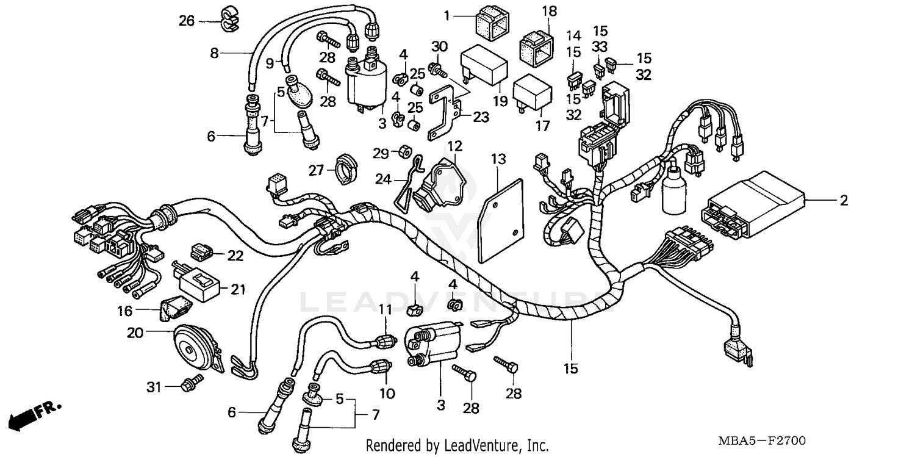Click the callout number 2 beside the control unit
click(844, 201)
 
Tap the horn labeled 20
click(193, 348)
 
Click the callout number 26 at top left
click(186, 21)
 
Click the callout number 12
click(454, 146)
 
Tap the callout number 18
click(549, 10)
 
